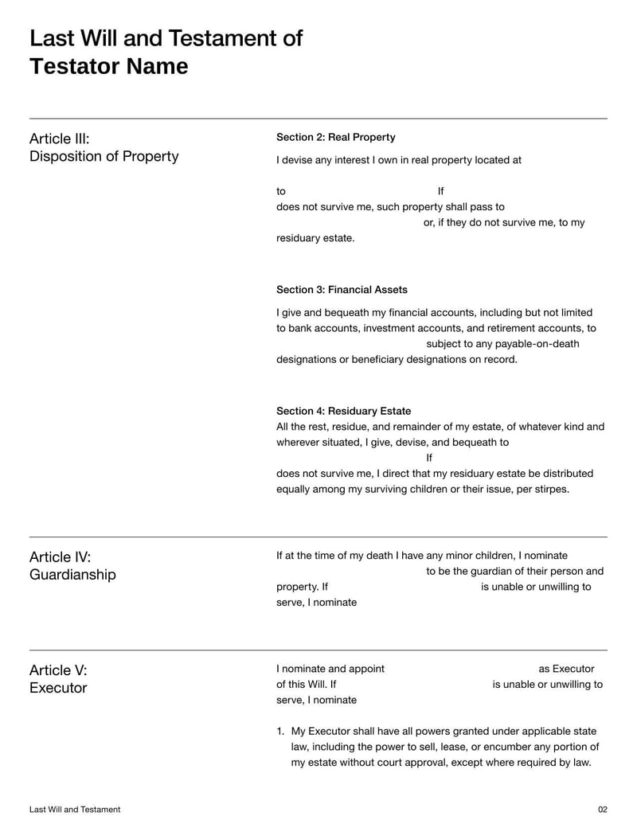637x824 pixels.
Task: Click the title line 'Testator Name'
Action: pos(109,66)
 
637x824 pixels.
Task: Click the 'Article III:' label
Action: pos(60,139)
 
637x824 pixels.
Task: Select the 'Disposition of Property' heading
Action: pos(104,156)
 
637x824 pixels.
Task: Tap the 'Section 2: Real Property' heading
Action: pos(335,137)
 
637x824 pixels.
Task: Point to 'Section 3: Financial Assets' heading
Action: pos(342,290)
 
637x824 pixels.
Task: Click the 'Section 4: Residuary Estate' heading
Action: pos(343,411)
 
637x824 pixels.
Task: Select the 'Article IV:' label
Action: pos(60,556)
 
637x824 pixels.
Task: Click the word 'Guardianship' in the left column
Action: pos(72,574)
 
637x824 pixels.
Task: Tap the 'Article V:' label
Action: pos(58,670)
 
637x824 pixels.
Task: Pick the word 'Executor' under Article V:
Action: pos(58,688)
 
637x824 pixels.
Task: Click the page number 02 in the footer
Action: pos(602,810)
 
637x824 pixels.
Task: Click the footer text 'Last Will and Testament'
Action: pos(75,810)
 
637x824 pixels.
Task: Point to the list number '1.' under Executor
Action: pos(280,731)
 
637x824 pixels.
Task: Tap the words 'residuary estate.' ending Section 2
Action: pos(315,238)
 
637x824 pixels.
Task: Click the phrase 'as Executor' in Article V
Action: pos(566,669)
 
